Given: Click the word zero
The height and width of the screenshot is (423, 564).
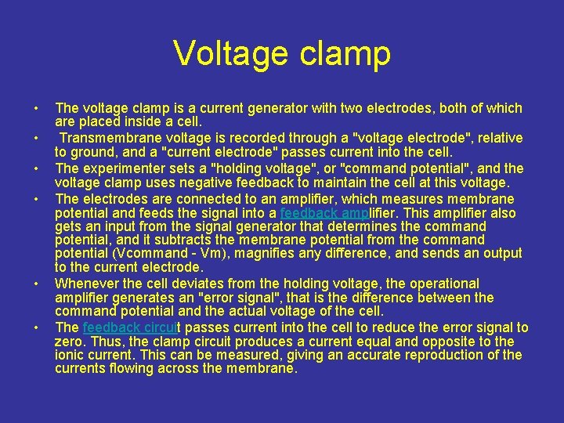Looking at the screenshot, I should (x=69, y=342).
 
